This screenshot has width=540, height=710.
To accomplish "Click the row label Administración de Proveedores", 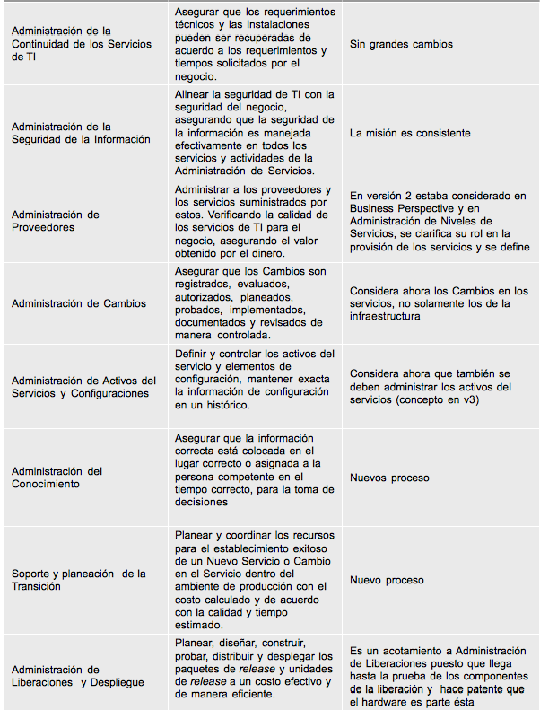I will [56, 221].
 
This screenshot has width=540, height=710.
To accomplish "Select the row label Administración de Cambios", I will [79, 303].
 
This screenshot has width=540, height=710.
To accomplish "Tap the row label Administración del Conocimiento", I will [57, 478].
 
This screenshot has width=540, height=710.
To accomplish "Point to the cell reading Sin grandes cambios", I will [401, 44].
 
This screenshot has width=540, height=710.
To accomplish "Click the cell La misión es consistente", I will [410, 133].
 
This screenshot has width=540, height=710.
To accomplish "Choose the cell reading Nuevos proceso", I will [389, 478].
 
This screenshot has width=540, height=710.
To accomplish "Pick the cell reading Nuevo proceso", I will [387, 580].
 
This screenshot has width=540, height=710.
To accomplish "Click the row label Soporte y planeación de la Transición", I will [79, 580].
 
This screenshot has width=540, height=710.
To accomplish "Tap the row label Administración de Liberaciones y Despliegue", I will [78, 676].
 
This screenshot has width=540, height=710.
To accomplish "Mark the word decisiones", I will [202, 502].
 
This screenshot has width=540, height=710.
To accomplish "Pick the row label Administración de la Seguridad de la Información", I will [81, 133].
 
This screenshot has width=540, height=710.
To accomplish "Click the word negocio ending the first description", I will [196, 78].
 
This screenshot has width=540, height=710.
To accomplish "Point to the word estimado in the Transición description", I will [199, 625].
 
